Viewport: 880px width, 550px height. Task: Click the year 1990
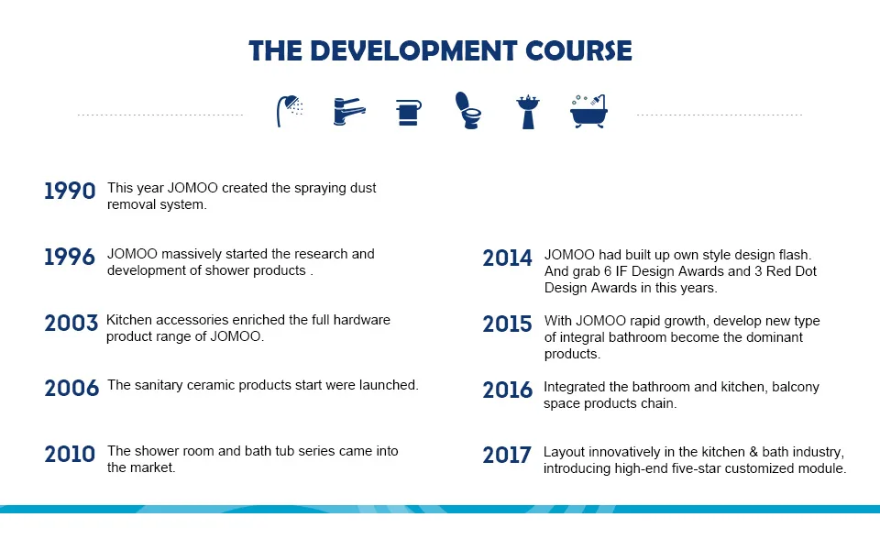(71, 192)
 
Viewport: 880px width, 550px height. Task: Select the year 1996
(71, 257)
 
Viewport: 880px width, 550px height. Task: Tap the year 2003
(71, 324)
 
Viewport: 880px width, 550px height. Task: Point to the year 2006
(71, 389)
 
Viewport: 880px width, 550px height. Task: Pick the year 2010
(71, 454)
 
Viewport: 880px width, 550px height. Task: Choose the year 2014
(507, 258)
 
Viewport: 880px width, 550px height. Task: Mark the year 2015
(507, 324)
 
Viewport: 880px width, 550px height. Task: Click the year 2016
(507, 390)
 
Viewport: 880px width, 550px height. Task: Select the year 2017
(507, 456)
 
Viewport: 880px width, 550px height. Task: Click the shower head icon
(290, 111)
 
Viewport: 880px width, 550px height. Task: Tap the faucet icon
(349, 111)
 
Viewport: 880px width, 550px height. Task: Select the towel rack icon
(409, 112)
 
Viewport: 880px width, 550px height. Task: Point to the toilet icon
(468, 111)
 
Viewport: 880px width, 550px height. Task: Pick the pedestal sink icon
(528, 112)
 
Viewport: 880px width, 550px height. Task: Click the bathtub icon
(588, 111)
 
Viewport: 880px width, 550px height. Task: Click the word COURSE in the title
(578, 50)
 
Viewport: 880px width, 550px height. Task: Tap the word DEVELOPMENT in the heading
(413, 50)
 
